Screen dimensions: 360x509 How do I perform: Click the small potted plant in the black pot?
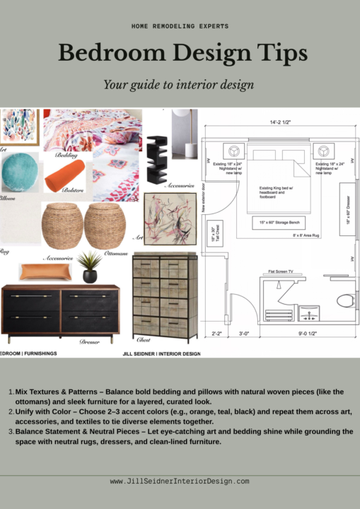click(x=90, y=266)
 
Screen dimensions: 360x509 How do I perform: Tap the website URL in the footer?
click(x=180, y=481)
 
